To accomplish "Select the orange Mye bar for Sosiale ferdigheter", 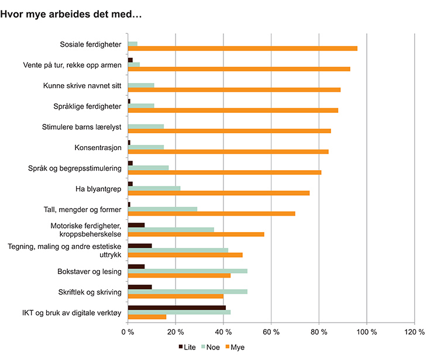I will [x=242, y=49].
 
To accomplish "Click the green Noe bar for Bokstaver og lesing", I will [x=187, y=271].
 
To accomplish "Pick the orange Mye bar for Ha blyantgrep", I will [x=218, y=193].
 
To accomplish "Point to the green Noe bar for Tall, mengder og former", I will [x=163, y=209].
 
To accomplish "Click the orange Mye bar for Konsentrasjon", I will [x=228, y=151].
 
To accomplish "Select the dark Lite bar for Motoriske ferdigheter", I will [x=136, y=225].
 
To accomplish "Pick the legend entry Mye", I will [x=237, y=347].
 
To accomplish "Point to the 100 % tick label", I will [x=367, y=332].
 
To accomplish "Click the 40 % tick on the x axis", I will [x=223, y=332].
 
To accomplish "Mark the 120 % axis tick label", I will [x=414, y=332].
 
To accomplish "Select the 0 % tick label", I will [x=128, y=332].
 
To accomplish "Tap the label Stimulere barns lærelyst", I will [x=82, y=126].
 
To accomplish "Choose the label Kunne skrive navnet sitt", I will [x=82, y=85].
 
